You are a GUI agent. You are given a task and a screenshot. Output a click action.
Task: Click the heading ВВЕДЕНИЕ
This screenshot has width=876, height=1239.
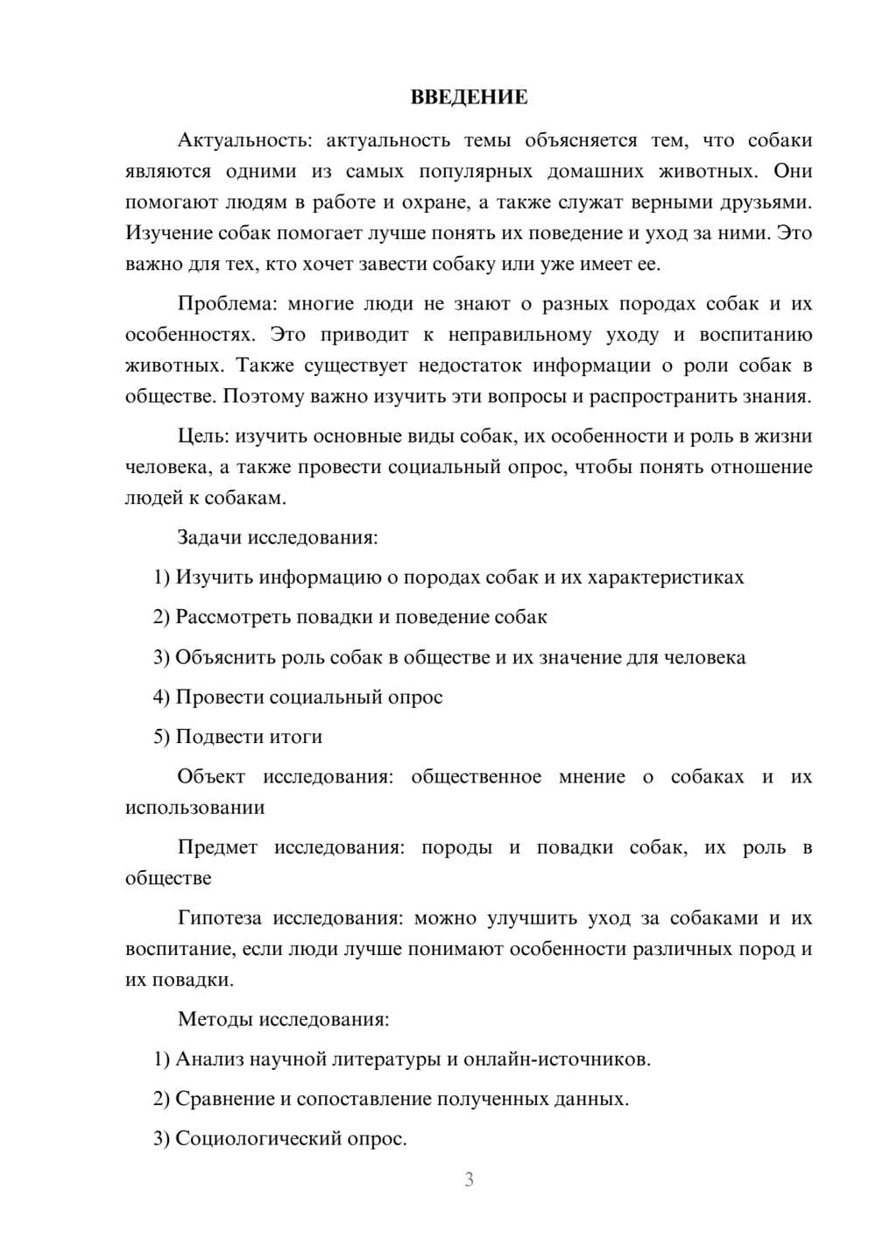pyautogui.click(x=469, y=97)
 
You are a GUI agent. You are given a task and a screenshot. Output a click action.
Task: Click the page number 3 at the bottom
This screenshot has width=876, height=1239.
pyautogui.click(x=469, y=1179)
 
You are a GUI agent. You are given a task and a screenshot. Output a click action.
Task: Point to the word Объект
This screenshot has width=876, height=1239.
pyautogui.click(x=211, y=776)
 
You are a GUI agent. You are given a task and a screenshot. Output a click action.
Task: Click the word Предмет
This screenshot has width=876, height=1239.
pyautogui.click(x=217, y=847)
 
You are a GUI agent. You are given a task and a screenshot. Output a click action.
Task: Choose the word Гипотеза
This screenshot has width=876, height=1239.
pyautogui.click(x=219, y=918)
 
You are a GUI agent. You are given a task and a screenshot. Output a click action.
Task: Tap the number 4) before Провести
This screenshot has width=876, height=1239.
pyautogui.click(x=161, y=697)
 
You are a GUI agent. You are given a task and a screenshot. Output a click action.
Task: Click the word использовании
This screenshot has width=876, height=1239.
pyautogui.click(x=194, y=807)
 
